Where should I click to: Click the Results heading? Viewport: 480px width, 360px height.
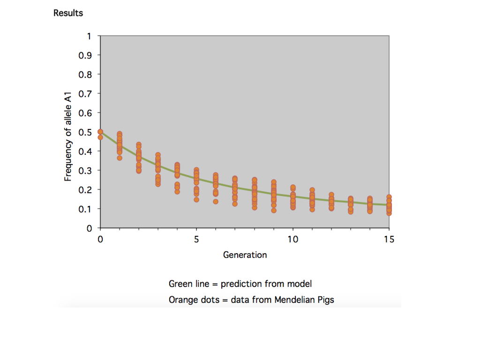tap(68, 13)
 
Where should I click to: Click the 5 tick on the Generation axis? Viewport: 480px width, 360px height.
tap(196, 240)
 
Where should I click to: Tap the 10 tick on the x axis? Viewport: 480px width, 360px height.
tap(292, 240)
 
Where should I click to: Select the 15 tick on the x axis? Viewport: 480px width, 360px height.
tap(389, 240)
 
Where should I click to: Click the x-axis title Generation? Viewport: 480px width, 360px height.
tap(245, 255)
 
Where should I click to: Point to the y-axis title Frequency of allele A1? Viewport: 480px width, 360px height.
tap(68, 132)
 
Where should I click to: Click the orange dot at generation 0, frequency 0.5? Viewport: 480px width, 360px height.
tap(100, 132)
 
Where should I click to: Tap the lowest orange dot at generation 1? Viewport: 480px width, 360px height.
tap(120, 158)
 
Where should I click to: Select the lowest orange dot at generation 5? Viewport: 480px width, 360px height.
tap(196, 200)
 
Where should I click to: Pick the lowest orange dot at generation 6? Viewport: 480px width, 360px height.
tap(216, 202)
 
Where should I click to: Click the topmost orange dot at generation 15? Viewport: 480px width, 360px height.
tap(389, 197)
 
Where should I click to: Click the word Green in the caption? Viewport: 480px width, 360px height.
tap(180, 284)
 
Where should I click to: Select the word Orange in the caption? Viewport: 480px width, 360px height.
tap(182, 300)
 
